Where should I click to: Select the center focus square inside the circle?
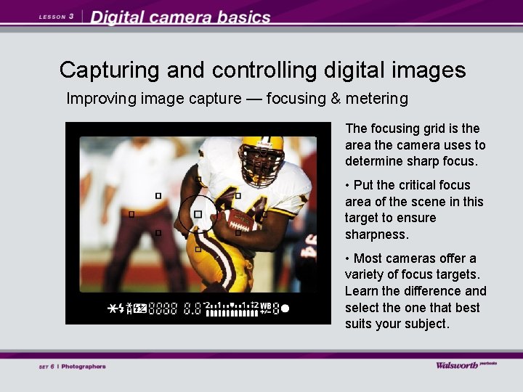click(198, 214)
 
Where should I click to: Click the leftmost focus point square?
click(131, 214)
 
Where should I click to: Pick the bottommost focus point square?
click(198, 249)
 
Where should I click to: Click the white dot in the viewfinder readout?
click(285, 309)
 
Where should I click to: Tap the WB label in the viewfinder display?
click(266, 305)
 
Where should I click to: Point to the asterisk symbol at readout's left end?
click(113, 309)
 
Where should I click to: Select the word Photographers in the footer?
click(84, 367)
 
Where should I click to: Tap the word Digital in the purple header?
click(120, 17)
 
